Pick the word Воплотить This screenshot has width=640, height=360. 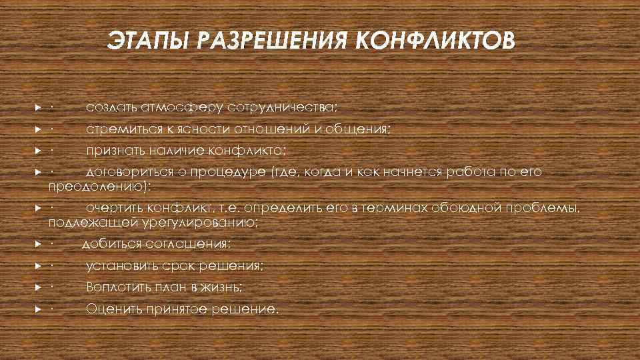pyautogui.click(x=117, y=287)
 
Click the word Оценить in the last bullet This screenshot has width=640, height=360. pyautogui.click(x=113, y=309)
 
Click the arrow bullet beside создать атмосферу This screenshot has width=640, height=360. pyautogui.click(x=39, y=107)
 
